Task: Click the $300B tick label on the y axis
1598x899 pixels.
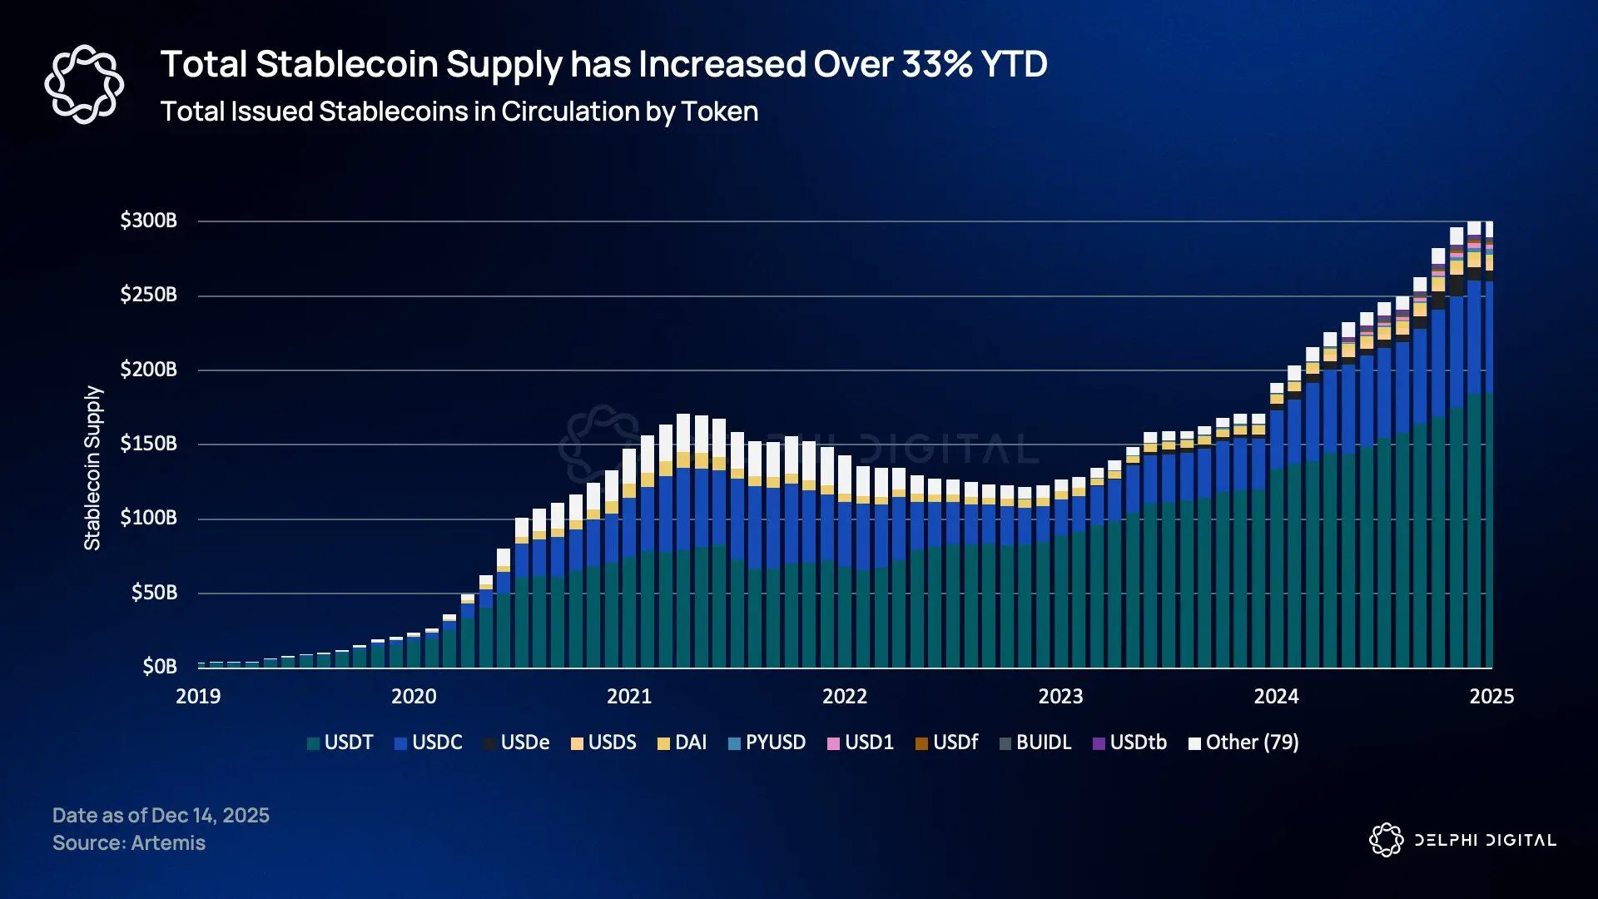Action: point(148,221)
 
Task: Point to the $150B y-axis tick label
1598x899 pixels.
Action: point(148,444)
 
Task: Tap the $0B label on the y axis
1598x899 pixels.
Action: point(160,667)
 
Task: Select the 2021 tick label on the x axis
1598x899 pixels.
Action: point(629,697)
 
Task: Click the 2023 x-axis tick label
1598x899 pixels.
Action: point(1060,697)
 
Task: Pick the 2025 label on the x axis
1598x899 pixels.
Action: point(1491,697)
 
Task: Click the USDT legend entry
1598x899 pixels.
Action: point(340,743)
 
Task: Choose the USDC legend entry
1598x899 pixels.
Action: point(429,743)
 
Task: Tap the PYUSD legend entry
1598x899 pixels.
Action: point(767,743)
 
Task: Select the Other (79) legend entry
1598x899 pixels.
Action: point(1243,743)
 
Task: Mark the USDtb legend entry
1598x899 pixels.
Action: point(1129,743)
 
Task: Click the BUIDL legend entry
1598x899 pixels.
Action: point(1035,743)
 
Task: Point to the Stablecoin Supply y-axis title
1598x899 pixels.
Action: point(92,468)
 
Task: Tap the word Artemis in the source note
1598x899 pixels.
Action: point(168,843)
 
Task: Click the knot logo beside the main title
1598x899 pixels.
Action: point(84,84)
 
